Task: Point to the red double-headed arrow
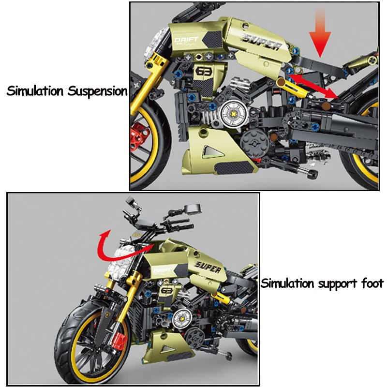point(312,86)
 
